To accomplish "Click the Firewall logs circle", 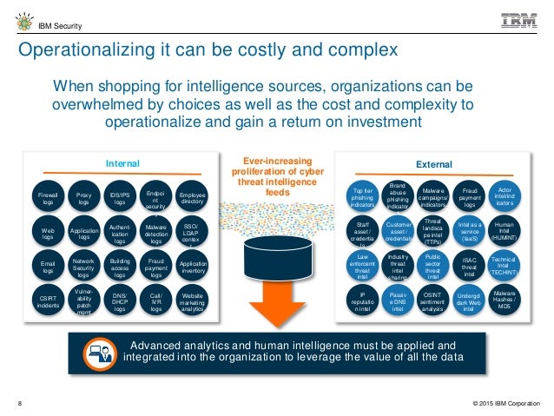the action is [48, 201].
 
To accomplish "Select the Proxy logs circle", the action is [84, 201].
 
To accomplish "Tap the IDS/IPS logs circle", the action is [121, 201].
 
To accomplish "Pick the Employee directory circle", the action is [192, 201].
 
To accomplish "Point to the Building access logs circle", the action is [121, 267].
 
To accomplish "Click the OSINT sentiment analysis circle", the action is [432, 300].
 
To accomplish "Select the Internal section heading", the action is [121, 162].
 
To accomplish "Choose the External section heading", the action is [433, 162].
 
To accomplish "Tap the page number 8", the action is [21, 402].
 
